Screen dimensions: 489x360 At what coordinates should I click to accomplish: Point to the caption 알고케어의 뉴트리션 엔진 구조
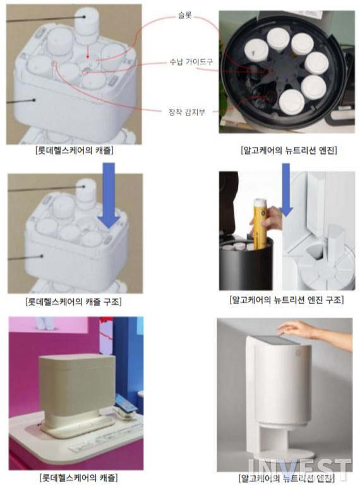(x=286, y=301)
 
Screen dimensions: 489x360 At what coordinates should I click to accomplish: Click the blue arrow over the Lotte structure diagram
(x=109, y=195)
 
